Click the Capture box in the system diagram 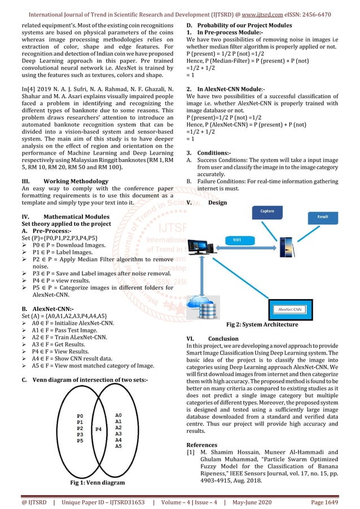click(267, 211)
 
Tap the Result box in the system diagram click(322, 216)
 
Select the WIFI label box click(236, 240)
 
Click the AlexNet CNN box click(289, 310)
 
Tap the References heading click(201, 445)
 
